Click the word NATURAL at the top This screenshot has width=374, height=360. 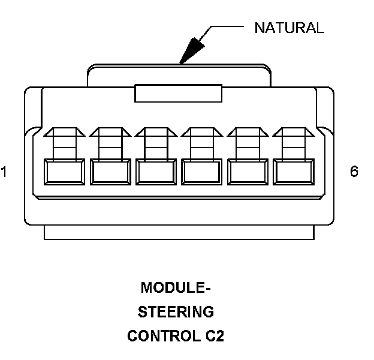click(x=289, y=28)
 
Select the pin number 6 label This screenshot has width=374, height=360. click(x=354, y=172)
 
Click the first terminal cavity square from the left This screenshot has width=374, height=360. click(x=64, y=173)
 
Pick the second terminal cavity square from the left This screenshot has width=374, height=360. click(x=110, y=173)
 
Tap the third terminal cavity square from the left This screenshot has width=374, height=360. click(x=156, y=173)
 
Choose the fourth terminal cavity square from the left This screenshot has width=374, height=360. click(x=203, y=173)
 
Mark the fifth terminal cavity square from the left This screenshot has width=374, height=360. click(x=249, y=173)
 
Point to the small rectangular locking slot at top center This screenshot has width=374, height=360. click(x=179, y=93)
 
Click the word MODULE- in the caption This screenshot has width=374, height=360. click(x=176, y=288)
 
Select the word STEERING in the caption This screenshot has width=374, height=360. click(x=176, y=312)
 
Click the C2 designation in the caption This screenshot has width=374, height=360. click(x=213, y=336)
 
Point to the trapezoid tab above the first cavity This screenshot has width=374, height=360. click(x=64, y=131)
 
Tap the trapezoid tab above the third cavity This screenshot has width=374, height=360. click(x=156, y=131)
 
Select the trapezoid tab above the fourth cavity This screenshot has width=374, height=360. click(x=203, y=131)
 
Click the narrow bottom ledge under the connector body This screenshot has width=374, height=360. click(x=179, y=232)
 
